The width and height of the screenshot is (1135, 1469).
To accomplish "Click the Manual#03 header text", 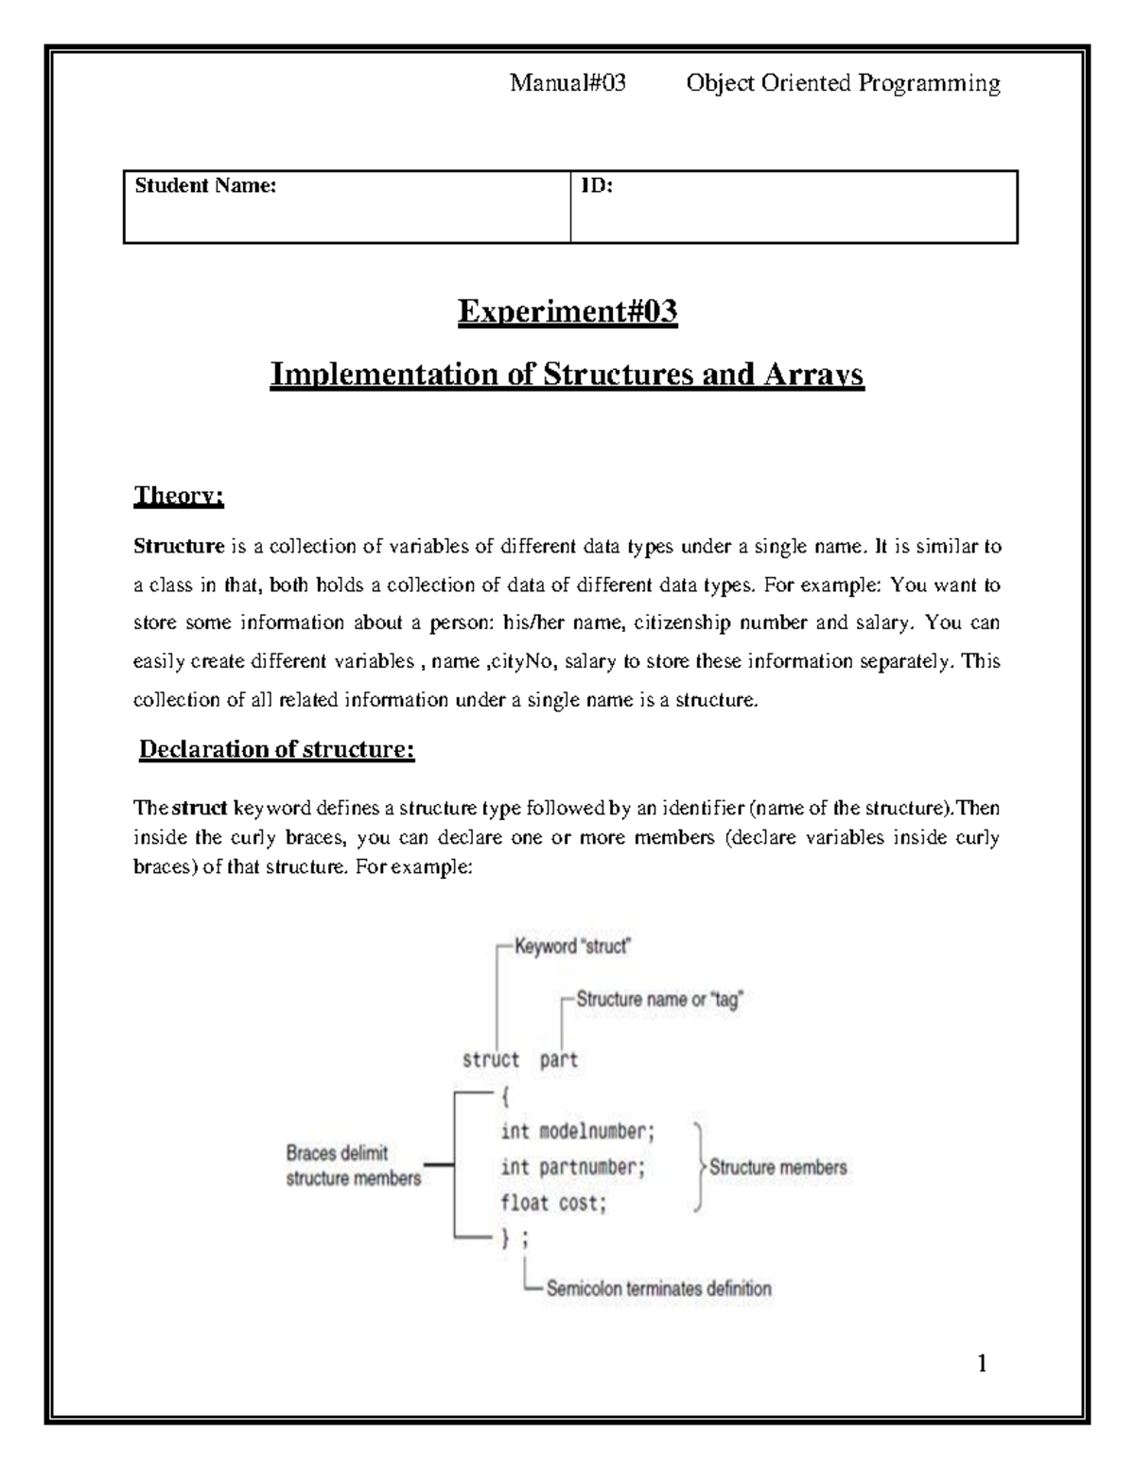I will (x=567, y=84).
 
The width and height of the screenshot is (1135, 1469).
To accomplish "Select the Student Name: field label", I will (x=205, y=186).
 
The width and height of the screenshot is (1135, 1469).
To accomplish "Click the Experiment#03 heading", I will (x=567, y=311).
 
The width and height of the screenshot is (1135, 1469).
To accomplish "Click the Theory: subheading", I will (x=179, y=496).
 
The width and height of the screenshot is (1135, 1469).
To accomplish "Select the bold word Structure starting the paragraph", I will (x=179, y=547).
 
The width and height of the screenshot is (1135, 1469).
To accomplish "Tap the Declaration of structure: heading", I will (x=277, y=749).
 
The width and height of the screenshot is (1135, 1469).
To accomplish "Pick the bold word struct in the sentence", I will (x=200, y=809).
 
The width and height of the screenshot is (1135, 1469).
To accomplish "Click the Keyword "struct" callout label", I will (x=572, y=946).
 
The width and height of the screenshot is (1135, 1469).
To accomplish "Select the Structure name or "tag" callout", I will (x=659, y=999).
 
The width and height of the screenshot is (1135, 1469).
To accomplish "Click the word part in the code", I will (x=558, y=1060).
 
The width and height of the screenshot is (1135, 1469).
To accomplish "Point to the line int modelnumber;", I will (x=577, y=1131).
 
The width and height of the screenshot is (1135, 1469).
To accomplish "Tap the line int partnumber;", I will (x=572, y=1167).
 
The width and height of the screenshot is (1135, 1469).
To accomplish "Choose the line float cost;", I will (x=553, y=1203).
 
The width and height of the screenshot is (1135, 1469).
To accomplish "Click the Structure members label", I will (x=777, y=1167).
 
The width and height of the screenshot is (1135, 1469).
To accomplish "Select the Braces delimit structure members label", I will (x=353, y=1166).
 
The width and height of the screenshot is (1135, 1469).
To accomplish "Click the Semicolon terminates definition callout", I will (x=658, y=1288).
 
